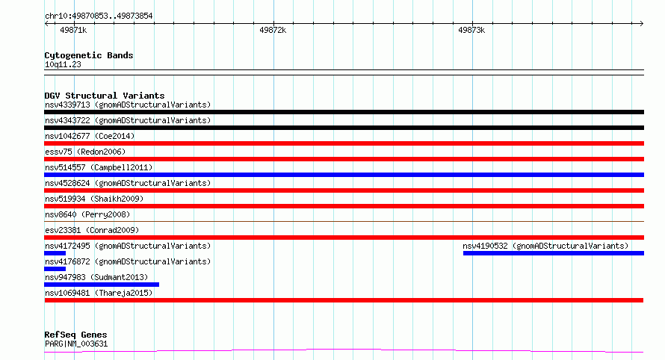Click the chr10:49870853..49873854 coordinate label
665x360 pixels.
[x=99, y=16]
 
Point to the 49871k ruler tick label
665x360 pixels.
[x=73, y=30]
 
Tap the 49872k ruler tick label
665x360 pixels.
[x=273, y=30]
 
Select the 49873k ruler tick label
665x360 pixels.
[x=471, y=30]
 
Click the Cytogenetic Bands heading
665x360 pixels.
[x=89, y=55]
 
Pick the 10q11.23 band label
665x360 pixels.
[x=63, y=64]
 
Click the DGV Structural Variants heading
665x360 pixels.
[x=105, y=96]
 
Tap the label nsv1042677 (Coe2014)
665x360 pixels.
[x=90, y=136]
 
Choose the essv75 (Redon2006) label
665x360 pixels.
[x=85, y=152]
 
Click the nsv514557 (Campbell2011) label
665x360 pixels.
[x=99, y=167]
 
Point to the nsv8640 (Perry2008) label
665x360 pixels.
[x=87, y=214]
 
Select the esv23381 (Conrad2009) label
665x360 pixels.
[x=92, y=230]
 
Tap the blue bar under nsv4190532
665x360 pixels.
[x=554, y=253]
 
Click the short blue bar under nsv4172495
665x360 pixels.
[x=55, y=253]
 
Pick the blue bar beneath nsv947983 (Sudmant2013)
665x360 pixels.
[x=102, y=285]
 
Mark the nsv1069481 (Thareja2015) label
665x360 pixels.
[x=99, y=293]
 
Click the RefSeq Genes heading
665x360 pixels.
[x=75, y=335]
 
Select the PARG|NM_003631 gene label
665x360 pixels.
[x=76, y=344]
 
